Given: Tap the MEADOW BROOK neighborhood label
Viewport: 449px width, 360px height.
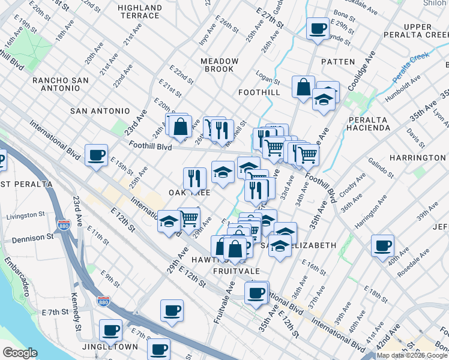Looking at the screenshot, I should [x=219, y=65].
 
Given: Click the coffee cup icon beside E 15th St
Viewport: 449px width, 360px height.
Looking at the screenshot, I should [x=96, y=155].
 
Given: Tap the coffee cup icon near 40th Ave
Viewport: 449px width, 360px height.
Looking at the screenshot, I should [x=382, y=245].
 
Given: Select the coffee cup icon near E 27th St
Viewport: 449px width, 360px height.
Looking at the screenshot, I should [x=318, y=28].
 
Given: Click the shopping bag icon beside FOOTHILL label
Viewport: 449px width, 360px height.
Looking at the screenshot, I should [x=304, y=86].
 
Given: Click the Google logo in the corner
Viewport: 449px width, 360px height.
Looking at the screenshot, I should [x=20, y=353].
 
